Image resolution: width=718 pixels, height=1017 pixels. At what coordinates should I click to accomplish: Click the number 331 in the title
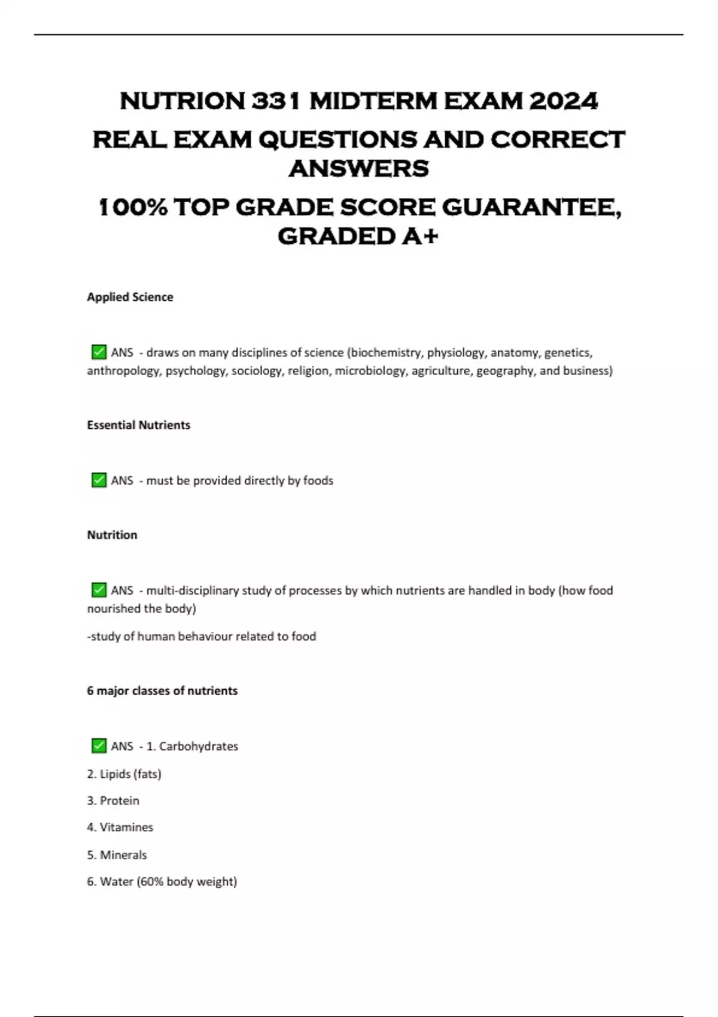coord(276,101)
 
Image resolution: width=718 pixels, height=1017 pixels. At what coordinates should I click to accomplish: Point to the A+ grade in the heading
coord(420,236)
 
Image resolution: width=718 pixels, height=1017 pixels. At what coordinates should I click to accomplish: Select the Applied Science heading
coord(130,297)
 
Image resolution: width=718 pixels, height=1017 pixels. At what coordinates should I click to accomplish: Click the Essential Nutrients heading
coord(138,425)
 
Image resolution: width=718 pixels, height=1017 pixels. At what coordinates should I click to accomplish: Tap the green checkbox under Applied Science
coord(99,352)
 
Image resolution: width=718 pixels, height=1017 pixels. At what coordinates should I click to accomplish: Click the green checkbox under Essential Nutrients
coord(99,480)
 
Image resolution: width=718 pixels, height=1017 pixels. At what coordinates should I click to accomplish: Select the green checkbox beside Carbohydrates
coord(99,745)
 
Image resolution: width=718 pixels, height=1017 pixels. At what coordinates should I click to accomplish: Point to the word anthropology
coord(123,371)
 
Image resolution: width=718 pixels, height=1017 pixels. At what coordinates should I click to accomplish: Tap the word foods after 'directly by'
coord(318,480)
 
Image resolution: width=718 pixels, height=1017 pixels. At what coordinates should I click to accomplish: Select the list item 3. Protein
coord(113,800)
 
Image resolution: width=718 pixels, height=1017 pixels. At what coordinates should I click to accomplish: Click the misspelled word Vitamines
coord(126,827)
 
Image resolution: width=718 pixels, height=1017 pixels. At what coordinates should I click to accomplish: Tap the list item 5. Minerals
coord(117,855)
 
